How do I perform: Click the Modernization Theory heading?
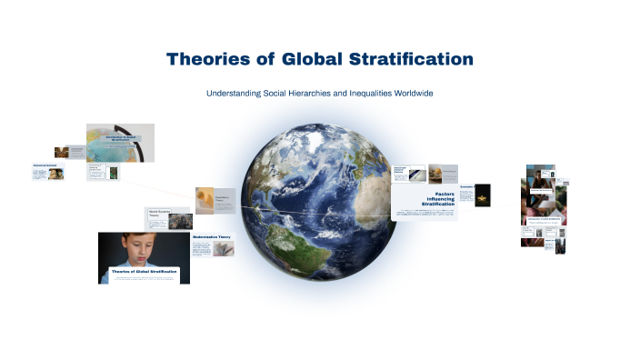[212, 237]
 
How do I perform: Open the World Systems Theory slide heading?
[158, 215]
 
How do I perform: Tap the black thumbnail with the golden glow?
[483, 195]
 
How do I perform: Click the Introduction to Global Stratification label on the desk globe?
[119, 138]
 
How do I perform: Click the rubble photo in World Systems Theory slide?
[180, 221]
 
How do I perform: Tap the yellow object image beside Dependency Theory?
[205, 200]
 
